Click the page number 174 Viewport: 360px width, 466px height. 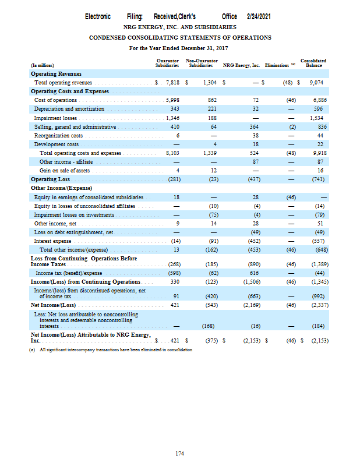coord(180,453)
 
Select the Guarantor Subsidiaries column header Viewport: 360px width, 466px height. coord(167,62)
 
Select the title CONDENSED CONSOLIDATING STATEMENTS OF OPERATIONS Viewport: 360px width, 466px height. coord(180,37)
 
